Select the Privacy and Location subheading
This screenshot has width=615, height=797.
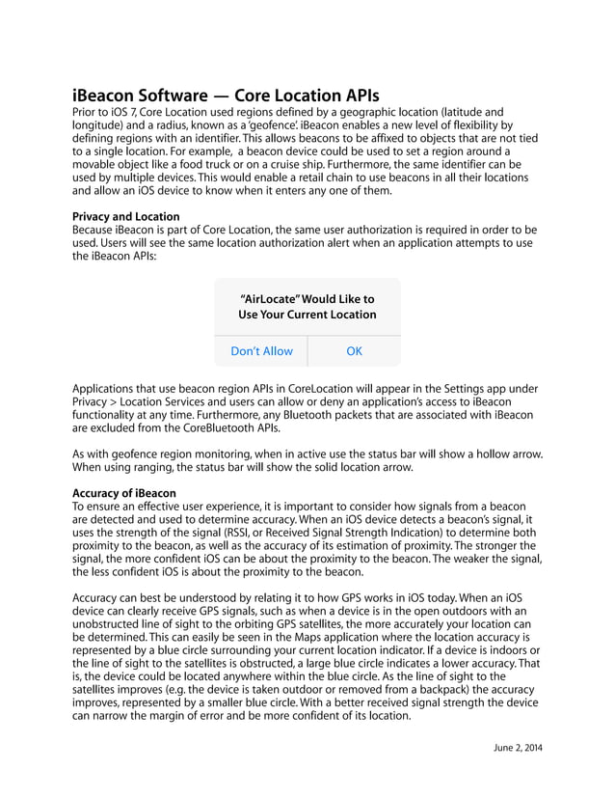[125, 216]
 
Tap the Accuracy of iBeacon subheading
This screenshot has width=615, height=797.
[124, 493]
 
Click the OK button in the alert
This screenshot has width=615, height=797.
[354, 351]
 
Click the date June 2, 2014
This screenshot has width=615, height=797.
[518, 748]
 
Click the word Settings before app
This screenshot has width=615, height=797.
[437, 388]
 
